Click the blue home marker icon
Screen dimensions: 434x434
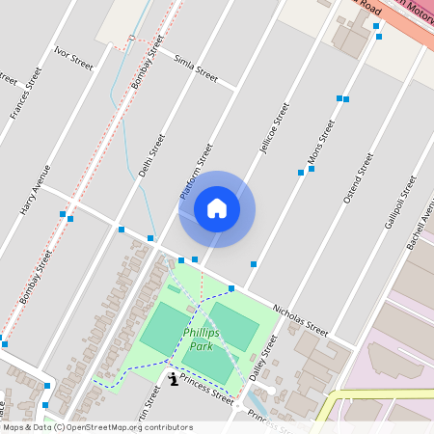tap(217, 208)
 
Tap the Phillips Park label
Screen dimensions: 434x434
tap(201, 339)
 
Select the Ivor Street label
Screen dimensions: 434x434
tap(73, 57)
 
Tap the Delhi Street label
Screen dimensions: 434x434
tap(146, 155)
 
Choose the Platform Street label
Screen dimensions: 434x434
tap(196, 172)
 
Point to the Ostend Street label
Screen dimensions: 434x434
tap(358, 177)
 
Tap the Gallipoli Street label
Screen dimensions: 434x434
tap(398, 202)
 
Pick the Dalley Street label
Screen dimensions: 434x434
tap(261, 358)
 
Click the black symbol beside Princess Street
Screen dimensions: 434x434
tap(173, 379)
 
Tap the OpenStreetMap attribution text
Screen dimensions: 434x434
tap(96, 426)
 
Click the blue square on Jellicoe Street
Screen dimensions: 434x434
tap(254, 263)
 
